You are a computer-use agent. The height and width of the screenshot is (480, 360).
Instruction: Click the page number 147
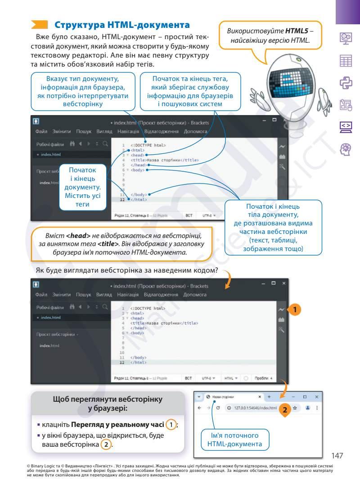coord(337,456)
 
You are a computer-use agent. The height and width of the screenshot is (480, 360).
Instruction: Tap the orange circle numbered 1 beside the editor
coord(294,310)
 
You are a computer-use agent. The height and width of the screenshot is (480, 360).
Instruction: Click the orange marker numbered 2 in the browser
coord(284,409)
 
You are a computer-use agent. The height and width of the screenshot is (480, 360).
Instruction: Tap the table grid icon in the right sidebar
coord(346,61)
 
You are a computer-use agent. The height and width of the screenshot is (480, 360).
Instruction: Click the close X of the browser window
coord(316,397)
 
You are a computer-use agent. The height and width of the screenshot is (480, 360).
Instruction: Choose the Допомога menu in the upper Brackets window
coord(195,132)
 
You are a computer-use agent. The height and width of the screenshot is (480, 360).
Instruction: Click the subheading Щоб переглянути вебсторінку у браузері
coord(108,404)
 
